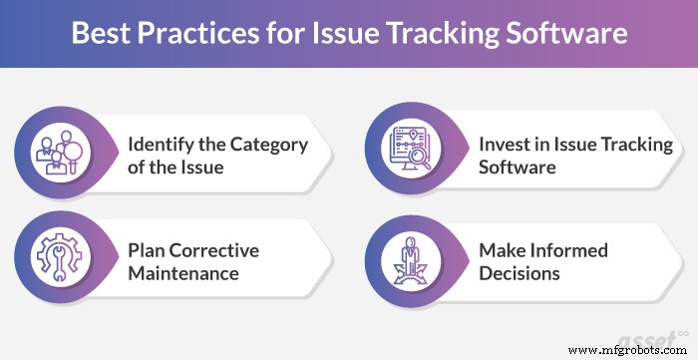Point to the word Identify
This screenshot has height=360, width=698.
pyautogui.click(x=162, y=145)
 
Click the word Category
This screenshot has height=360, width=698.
pyautogui.click(x=270, y=145)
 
